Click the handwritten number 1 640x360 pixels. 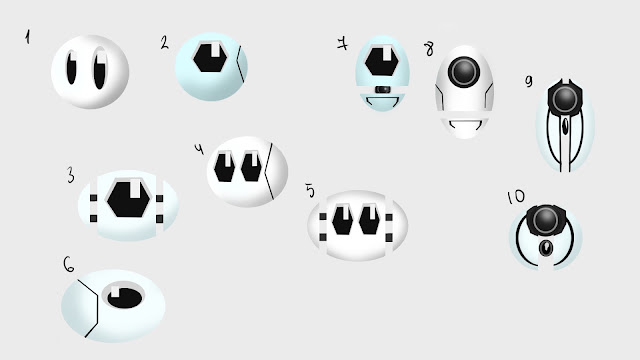(27, 38)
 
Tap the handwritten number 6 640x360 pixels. (69, 264)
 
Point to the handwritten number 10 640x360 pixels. (516, 197)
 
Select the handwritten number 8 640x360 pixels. (429, 49)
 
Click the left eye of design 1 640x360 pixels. (71, 68)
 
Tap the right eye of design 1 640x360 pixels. (100, 69)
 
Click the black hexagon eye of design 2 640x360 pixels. (210, 58)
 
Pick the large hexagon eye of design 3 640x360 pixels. (129, 199)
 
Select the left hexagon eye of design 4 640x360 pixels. (224, 167)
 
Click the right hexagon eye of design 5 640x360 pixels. (369, 220)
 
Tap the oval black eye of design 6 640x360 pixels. (124, 297)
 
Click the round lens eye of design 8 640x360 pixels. (464, 72)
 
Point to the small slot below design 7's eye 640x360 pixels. (382, 89)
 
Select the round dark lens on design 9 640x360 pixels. (565, 99)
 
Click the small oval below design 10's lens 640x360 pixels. (545, 248)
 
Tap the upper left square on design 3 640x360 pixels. (93, 198)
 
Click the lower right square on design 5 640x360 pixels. (389, 238)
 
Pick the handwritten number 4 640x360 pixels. (199, 149)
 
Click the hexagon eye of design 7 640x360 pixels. (382, 61)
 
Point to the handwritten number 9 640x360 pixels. (529, 81)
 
